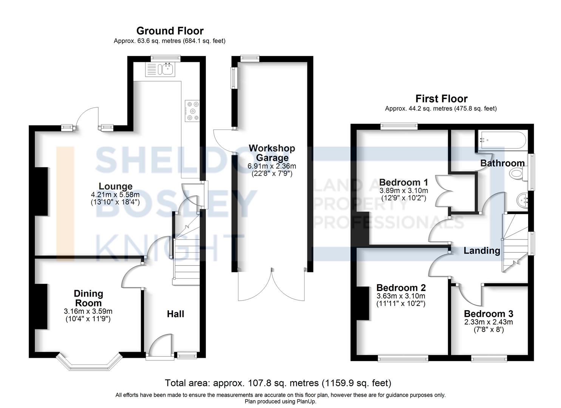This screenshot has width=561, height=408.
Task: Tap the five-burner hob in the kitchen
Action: pyautogui.click(x=192, y=111)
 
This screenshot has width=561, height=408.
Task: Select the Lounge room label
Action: pyautogui.click(x=116, y=186)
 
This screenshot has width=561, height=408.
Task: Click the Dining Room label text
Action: pyautogui.click(x=88, y=298)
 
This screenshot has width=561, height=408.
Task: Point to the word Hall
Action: pyautogui.click(x=176, y=314)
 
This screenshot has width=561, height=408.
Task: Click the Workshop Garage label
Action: pyautogui.click(x=272, y=153)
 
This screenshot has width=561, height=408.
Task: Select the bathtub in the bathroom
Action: pyautogui.click(x=502, y=140)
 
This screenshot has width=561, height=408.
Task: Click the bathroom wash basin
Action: pyautogui.click(x=522, y=200)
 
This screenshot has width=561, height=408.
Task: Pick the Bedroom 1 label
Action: pyautogui.click(x=403, y=182)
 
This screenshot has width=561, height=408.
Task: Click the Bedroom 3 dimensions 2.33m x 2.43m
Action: pyautogui.click(x=488, y=322)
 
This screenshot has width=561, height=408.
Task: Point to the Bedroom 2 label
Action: pyautogui.click(x=401, y=287)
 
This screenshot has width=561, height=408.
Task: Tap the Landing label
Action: pyautogui.click(x=482, y=250)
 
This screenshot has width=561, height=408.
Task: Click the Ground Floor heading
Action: pyautogui.click(x=170, y=31)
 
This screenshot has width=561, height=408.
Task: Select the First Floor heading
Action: pyautogui.click(x=442, y=99)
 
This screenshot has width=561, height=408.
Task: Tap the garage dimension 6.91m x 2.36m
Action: pyautogui.click(x=272, y=166)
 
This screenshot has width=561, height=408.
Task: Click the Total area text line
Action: pyautogui.click(x=278, y=383)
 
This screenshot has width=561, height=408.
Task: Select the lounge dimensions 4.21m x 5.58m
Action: pyautogui.click(x=115, y=194)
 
